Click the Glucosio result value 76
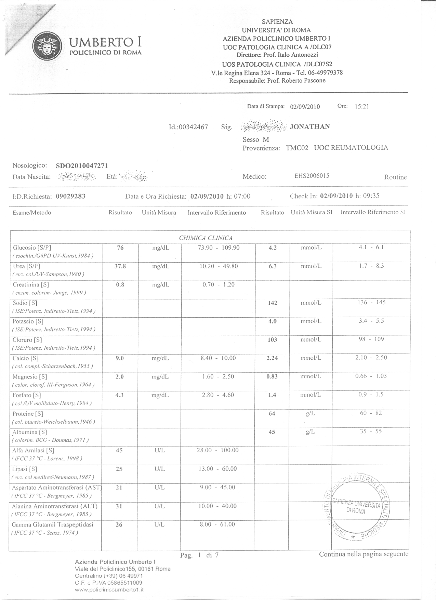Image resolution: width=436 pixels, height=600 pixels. coord(120,248)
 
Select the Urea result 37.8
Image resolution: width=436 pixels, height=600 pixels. coord(120,266)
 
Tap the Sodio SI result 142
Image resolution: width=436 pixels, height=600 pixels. coord(272,303)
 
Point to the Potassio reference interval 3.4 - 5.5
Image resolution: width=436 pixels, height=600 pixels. coord(371,321)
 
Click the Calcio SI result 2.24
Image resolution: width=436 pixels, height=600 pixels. coord(272,358)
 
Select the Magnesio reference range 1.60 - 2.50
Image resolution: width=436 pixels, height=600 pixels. coord(218,377)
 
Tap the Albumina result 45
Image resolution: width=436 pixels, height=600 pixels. coord(272,432)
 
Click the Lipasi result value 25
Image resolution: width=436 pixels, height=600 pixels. coord(119,469)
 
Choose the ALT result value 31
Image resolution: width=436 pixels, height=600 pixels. coord(119,506)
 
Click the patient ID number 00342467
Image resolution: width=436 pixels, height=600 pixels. coord(193,127)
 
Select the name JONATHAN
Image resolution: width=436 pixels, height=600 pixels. coord(310,126)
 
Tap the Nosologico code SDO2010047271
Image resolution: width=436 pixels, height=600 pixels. coord(82,166)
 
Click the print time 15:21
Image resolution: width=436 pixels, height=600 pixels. coord(362,106)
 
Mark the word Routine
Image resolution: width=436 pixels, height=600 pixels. coord(396,177)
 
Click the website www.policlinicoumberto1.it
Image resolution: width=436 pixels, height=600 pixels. coord(109,590)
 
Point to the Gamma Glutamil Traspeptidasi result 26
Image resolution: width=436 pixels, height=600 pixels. coord(119,524)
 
